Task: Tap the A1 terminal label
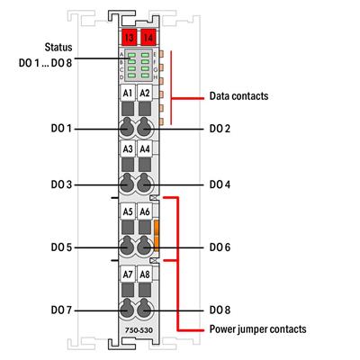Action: point(129,93)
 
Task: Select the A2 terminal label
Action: point(145,93)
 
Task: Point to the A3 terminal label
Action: point(129,148)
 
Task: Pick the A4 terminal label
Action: point(145,148)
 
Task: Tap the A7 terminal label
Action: point(129,273)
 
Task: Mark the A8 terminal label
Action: point(145,273)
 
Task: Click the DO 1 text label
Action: point(61,130)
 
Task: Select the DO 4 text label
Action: point(220,184)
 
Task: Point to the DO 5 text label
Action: point(61,247)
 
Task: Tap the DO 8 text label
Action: point(220,310)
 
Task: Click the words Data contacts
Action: point(239,94)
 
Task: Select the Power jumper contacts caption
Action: point(256,330)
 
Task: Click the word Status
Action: point(57,44)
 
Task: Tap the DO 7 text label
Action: point(61,310)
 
